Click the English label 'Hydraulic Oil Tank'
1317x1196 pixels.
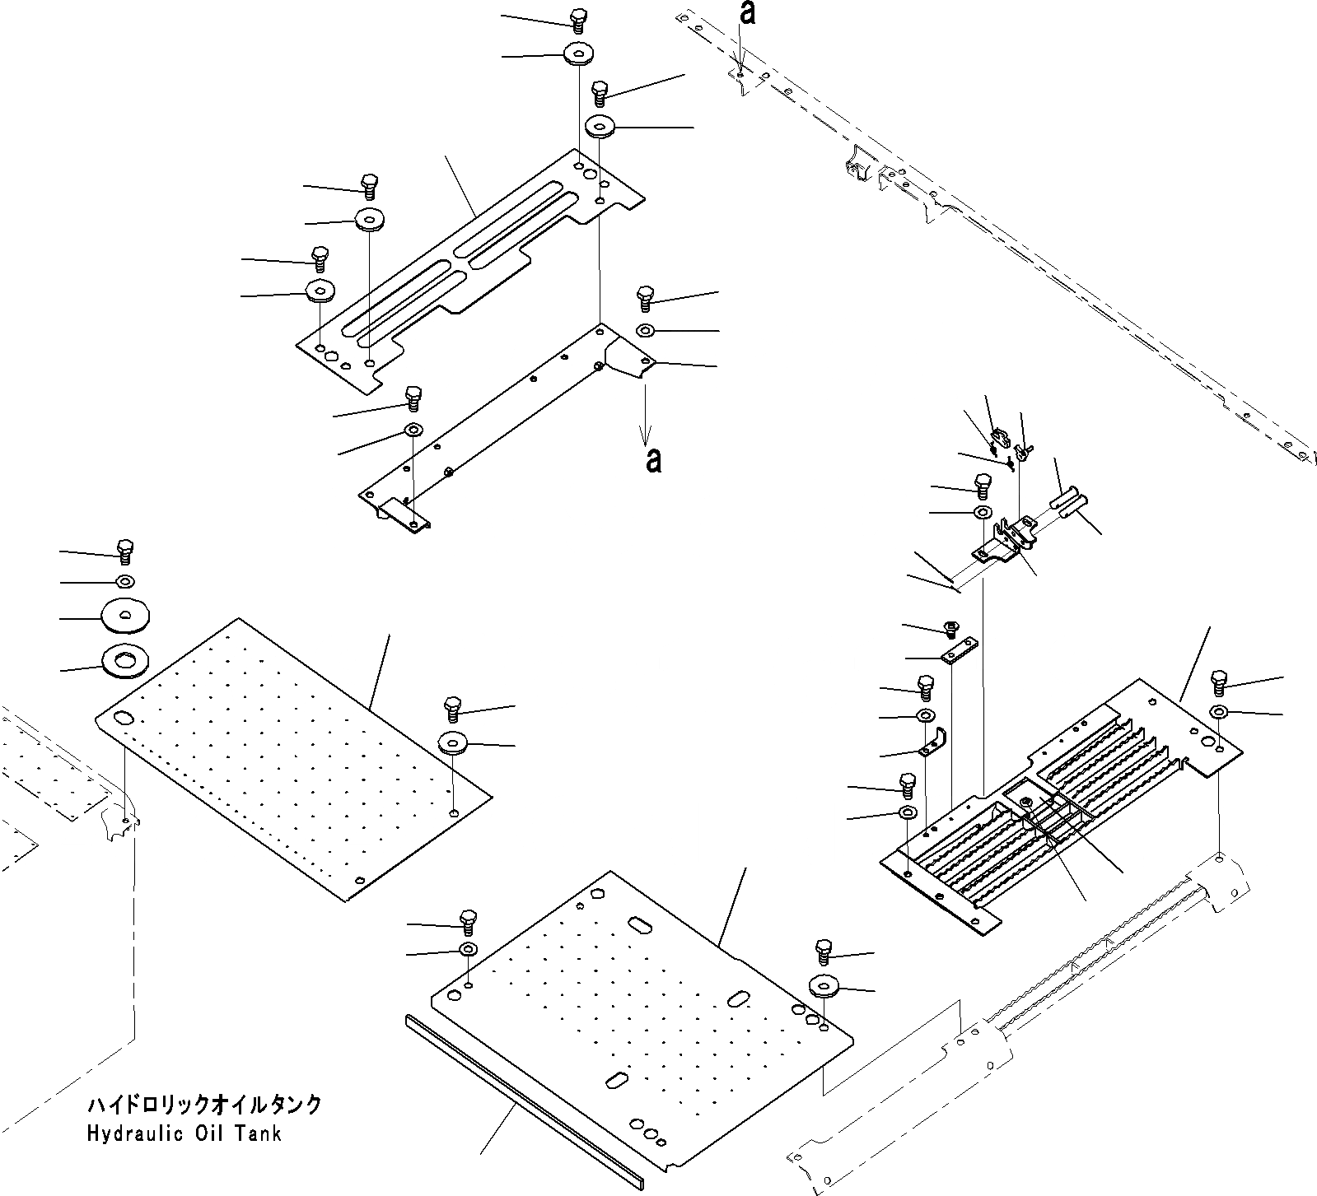(x=184, y=1133)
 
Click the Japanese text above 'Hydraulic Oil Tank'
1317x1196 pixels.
(x=203, y=1105)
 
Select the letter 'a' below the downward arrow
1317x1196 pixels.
(x=653, y=461)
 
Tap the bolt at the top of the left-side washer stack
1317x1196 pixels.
(x=125, y=550)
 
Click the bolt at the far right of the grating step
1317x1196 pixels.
(x=1219, y=682)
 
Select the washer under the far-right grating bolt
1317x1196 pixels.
(x=1220, y=711)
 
